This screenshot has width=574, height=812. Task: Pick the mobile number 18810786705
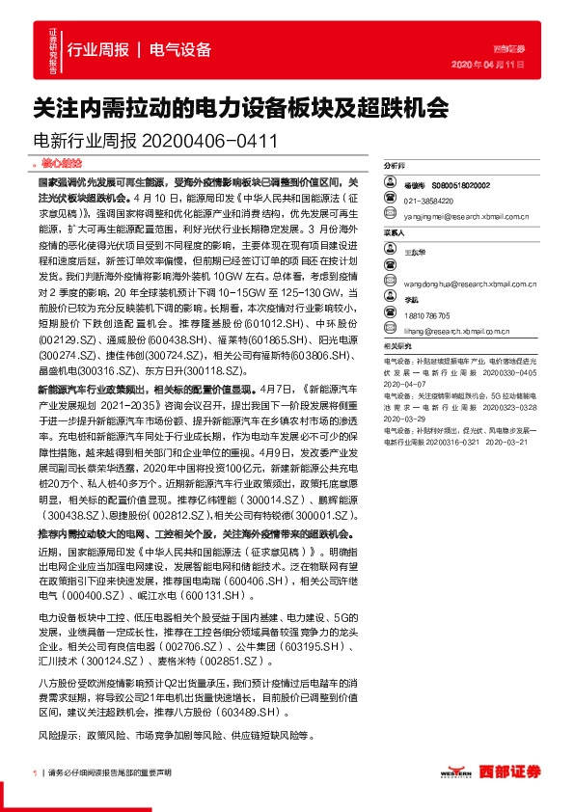click(x=427, y=315)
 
